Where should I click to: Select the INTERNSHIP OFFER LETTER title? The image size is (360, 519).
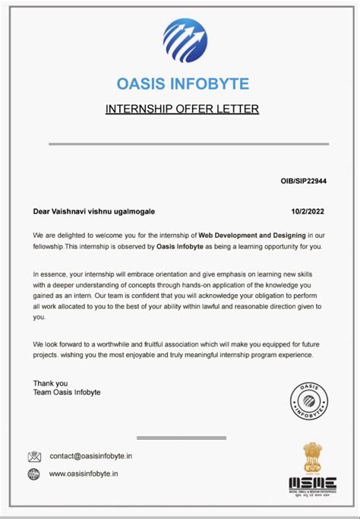pos(182,109)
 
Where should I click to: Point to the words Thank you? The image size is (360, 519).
pos(51,383)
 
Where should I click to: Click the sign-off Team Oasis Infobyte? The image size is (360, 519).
pos(67,392)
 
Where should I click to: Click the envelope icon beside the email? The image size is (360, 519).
pos(34,457)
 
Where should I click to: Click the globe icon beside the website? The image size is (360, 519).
pos(34,474)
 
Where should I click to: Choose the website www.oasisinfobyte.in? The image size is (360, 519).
pos(84,474)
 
